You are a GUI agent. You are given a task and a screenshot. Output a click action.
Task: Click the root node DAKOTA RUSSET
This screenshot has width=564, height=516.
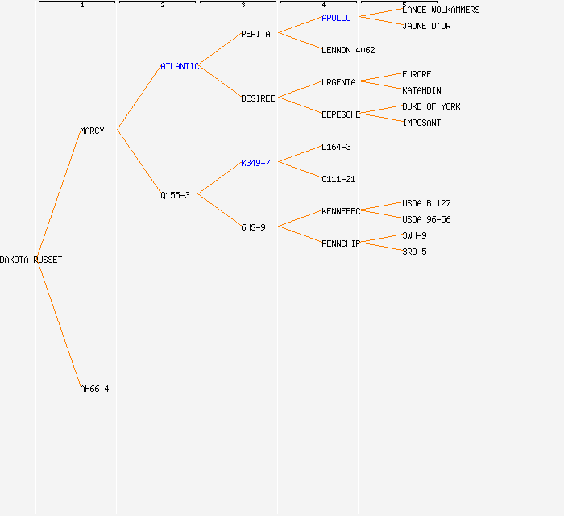(31, 260)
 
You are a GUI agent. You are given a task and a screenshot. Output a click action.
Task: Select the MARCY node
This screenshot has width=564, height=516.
(92, 131)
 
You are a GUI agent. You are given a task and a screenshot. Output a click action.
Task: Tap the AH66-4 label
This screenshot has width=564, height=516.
(94, 389)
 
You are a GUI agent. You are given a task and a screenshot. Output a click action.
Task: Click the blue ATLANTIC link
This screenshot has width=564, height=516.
(179, 66)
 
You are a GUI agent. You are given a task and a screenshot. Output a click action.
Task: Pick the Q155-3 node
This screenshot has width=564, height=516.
(175, 195)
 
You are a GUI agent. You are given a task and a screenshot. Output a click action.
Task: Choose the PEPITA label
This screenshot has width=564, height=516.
(255, 34)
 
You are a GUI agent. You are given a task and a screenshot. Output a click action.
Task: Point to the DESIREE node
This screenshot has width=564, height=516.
(258, 98)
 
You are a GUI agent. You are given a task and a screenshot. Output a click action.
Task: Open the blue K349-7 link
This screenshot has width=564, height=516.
(255, 163)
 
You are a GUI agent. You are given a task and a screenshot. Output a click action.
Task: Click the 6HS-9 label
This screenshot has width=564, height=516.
(253, 227)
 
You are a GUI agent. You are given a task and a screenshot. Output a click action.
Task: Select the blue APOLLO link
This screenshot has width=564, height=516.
(336, 18)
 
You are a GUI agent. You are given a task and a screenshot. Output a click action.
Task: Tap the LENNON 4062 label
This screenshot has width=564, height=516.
(348, 50)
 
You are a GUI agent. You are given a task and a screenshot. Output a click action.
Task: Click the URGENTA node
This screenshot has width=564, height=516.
(338, 82)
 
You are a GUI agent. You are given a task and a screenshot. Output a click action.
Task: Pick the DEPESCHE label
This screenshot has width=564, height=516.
(341, 114)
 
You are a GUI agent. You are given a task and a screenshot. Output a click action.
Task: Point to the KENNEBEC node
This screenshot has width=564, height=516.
(341, 211)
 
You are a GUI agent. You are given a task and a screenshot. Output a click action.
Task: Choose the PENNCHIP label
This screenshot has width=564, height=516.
(341, 243)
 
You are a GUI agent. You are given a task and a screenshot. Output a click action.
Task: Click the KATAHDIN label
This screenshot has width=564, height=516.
(421, 90)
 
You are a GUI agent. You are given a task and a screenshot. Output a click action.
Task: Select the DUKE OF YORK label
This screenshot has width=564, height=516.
(431, 106)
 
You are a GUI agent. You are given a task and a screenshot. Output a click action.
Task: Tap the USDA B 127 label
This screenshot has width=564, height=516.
(426, 203)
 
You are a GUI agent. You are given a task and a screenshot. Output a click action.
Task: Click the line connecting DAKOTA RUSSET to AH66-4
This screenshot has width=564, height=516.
(58, 322)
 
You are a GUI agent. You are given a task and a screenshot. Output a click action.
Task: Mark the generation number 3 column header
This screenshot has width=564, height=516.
(243, 6)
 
